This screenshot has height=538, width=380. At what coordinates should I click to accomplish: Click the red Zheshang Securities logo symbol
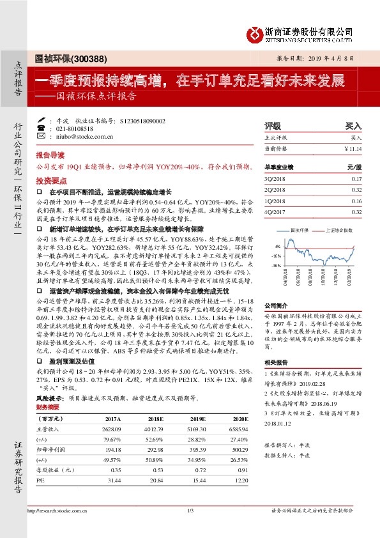click(255, 32)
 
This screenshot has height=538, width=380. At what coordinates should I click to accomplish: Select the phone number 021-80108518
click(75, 128)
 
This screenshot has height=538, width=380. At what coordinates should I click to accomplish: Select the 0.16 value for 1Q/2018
click(356, 201)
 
